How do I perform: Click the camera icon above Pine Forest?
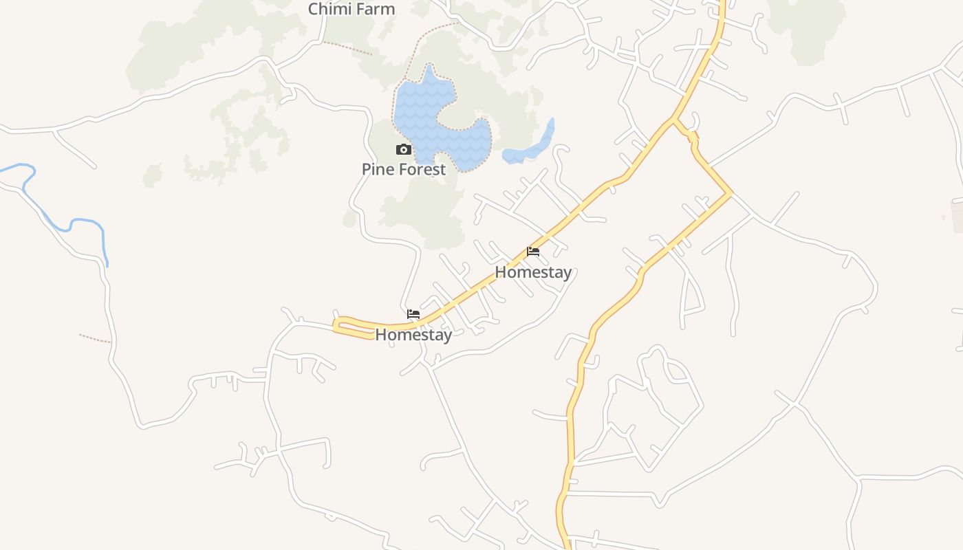[x=404, y=150]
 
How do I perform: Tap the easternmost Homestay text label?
[x=533, y=272]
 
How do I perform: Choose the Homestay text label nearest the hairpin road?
[x=413, y=335]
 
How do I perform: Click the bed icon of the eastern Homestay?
[x=533, y=252]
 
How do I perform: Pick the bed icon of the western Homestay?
[x=413, y=314]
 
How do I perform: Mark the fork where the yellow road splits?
[x=673, y=122]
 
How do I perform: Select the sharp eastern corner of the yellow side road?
[x=731, y=195]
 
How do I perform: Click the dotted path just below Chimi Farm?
[x=347, y=47]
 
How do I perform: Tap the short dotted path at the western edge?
[x=94, y=338]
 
